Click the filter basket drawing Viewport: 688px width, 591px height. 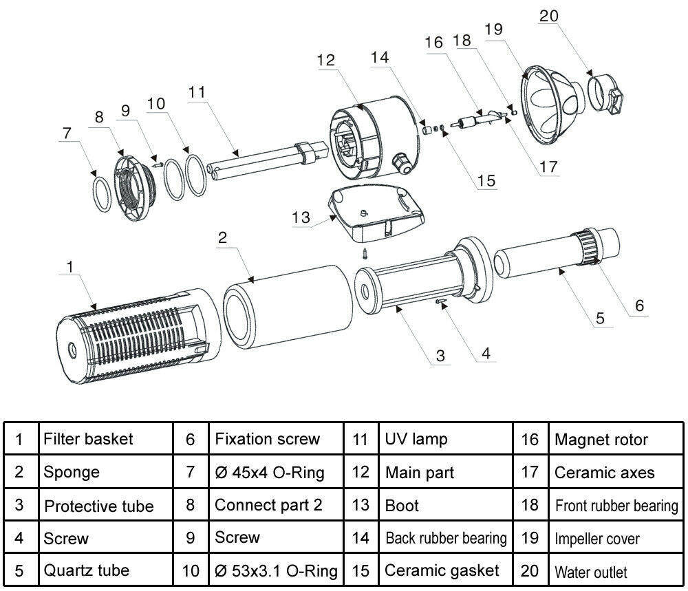pyautogui.click(x=131, y=330)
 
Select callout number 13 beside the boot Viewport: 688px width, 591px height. pyautogui.click(x=301, y=217)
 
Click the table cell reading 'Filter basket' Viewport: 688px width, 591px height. pyautogui.click(x=88, y=438)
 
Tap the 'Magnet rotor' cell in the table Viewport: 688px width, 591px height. pyautogui.click(x=601, y=439)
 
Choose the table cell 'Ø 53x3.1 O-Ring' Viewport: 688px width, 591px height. pyautogui.click(x=276, y=570)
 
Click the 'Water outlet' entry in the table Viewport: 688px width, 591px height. pyautogui.click(x=590, y=572)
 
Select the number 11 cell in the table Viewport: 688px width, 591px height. pyautogui.click(x=361, y=438)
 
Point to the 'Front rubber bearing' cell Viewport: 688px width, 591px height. pyautogui.click(x=616, y=506)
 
